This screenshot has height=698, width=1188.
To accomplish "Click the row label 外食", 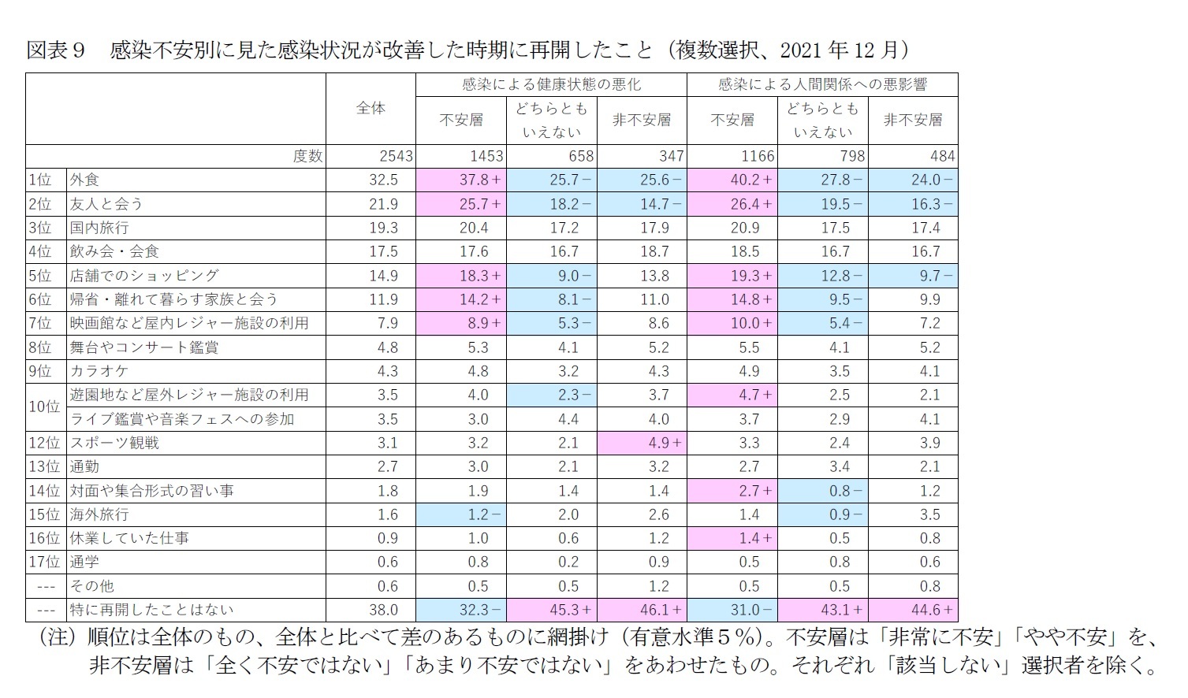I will coord(84,180).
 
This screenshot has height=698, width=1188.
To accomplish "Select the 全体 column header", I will coord(371,109).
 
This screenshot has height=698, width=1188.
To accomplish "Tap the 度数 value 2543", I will coord(396,156).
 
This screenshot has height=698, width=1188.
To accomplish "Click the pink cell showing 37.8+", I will coord(480,180).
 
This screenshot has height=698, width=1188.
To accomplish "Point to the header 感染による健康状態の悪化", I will coord(551,84).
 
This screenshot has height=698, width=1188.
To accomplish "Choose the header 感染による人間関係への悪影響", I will coord(822,84).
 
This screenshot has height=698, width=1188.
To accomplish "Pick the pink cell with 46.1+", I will coord(661,610).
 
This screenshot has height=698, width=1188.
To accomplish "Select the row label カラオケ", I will coord(99,371).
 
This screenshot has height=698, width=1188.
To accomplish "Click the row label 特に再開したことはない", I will coord(151,610).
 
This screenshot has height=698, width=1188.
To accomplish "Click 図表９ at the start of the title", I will coord(55,50).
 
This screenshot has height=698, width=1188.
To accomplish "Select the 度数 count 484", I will coord(942,156).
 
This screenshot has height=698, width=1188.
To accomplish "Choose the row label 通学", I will coord(84,562).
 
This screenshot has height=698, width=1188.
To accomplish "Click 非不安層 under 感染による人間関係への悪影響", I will coord(913,120).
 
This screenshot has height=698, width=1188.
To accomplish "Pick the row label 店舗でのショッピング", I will coord(144,276).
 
